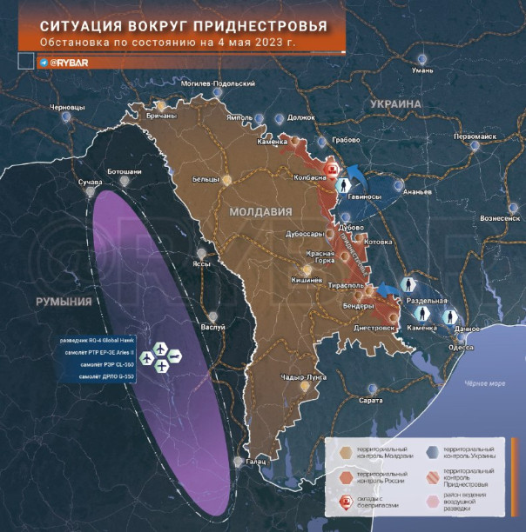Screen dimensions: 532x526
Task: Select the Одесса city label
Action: [x=436, y=347]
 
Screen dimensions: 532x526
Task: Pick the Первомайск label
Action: [x=478, y=136]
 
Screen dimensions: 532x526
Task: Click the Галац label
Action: [x=256, y=461]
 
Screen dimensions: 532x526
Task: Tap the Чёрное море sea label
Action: [x=483, y=383]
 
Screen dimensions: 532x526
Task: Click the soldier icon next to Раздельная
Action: [x=408, y=285]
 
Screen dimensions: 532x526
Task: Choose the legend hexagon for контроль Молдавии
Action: [x=347, y=450]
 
